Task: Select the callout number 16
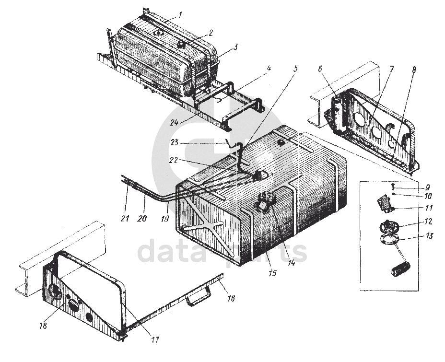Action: click(x=231, y=298)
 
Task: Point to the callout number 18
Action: click(x=44, y=326)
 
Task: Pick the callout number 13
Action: click(x=430, y=236)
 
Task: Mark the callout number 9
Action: click(x=428, y=187)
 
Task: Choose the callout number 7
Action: click(x=391, y=69)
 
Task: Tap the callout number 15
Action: click(x=272, y=273)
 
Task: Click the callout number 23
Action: click(x=174, y=142)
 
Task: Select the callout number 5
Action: click(x=295, y=70)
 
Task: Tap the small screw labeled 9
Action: click(x=393, y=187)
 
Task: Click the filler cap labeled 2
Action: click(x=180, y=44)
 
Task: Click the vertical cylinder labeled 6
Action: click(x=338, y=115)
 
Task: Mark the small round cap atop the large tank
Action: click(x=281, y=142)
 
